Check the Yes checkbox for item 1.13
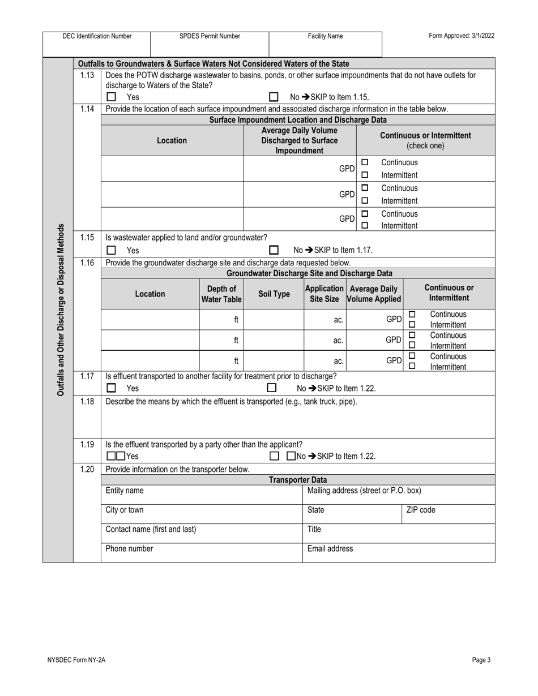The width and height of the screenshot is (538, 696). click(x=112, y=97)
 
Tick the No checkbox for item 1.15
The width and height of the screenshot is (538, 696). click(x=274, y=250)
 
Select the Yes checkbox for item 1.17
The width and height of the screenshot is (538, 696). click(x=112, y=388)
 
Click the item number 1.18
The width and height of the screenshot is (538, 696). click(x=87, y=401)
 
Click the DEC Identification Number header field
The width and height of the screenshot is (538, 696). click(x=97, y=36)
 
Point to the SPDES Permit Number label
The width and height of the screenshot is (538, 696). click(x=210, y=36)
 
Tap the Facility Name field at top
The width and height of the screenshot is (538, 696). click(x=325, y=36)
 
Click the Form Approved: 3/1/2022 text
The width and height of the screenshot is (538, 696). click(x=462, y=36)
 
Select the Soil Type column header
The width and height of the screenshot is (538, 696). click(x=274, y=294)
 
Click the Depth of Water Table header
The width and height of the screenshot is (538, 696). click(x=221, y=294)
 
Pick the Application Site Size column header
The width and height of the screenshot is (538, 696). click(x=324, y=294)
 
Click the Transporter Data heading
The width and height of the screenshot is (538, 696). click(x=298, y=480)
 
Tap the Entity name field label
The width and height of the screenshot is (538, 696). click(x=125, y=490)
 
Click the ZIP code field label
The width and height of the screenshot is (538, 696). click(x=421, y=510)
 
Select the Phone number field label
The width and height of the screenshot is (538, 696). click(x=129, y=548)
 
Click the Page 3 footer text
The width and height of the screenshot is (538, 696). click(x=481, y=660)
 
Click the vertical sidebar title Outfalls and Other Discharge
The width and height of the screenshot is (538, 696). click(x=61, y=310)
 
